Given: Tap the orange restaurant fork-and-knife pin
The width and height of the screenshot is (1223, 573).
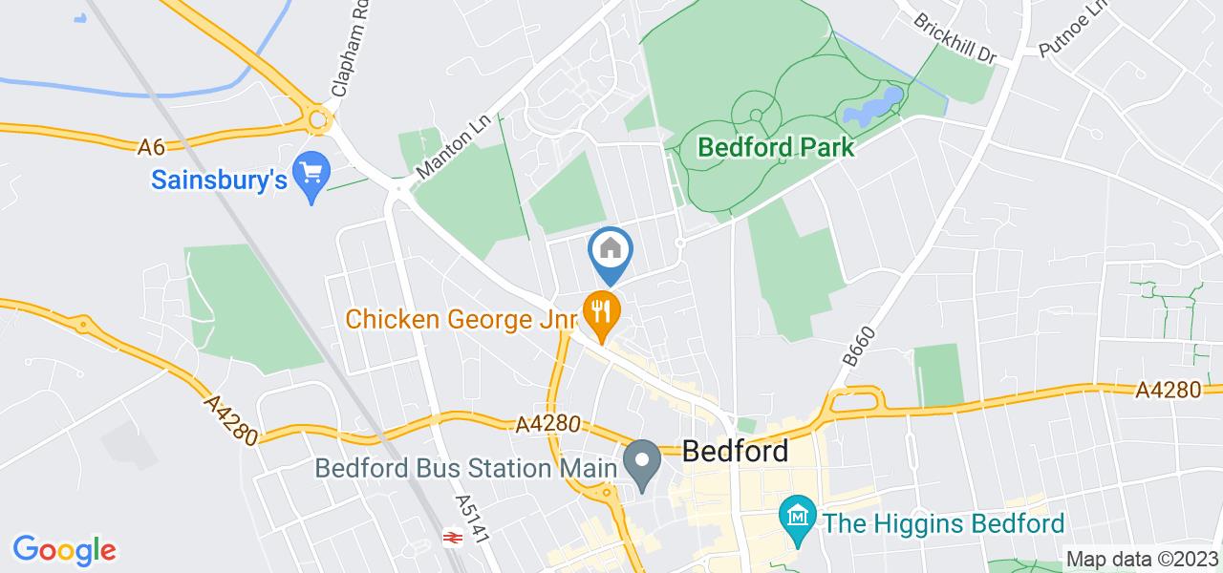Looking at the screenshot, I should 601,311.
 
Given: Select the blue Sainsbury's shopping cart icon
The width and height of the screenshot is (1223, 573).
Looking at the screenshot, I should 311,174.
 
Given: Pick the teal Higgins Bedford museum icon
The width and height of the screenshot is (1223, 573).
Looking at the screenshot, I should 795,519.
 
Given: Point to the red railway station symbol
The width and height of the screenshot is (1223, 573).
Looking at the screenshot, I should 451,539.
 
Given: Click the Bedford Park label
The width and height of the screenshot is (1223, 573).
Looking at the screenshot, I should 776,148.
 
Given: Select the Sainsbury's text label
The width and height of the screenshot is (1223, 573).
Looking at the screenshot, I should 219,179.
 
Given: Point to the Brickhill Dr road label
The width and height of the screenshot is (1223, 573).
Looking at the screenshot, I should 955,39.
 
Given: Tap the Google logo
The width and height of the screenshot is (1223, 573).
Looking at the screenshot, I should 64,550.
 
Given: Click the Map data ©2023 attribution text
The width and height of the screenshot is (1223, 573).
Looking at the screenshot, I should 1141,559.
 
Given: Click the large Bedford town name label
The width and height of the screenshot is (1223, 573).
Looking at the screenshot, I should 736,450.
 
